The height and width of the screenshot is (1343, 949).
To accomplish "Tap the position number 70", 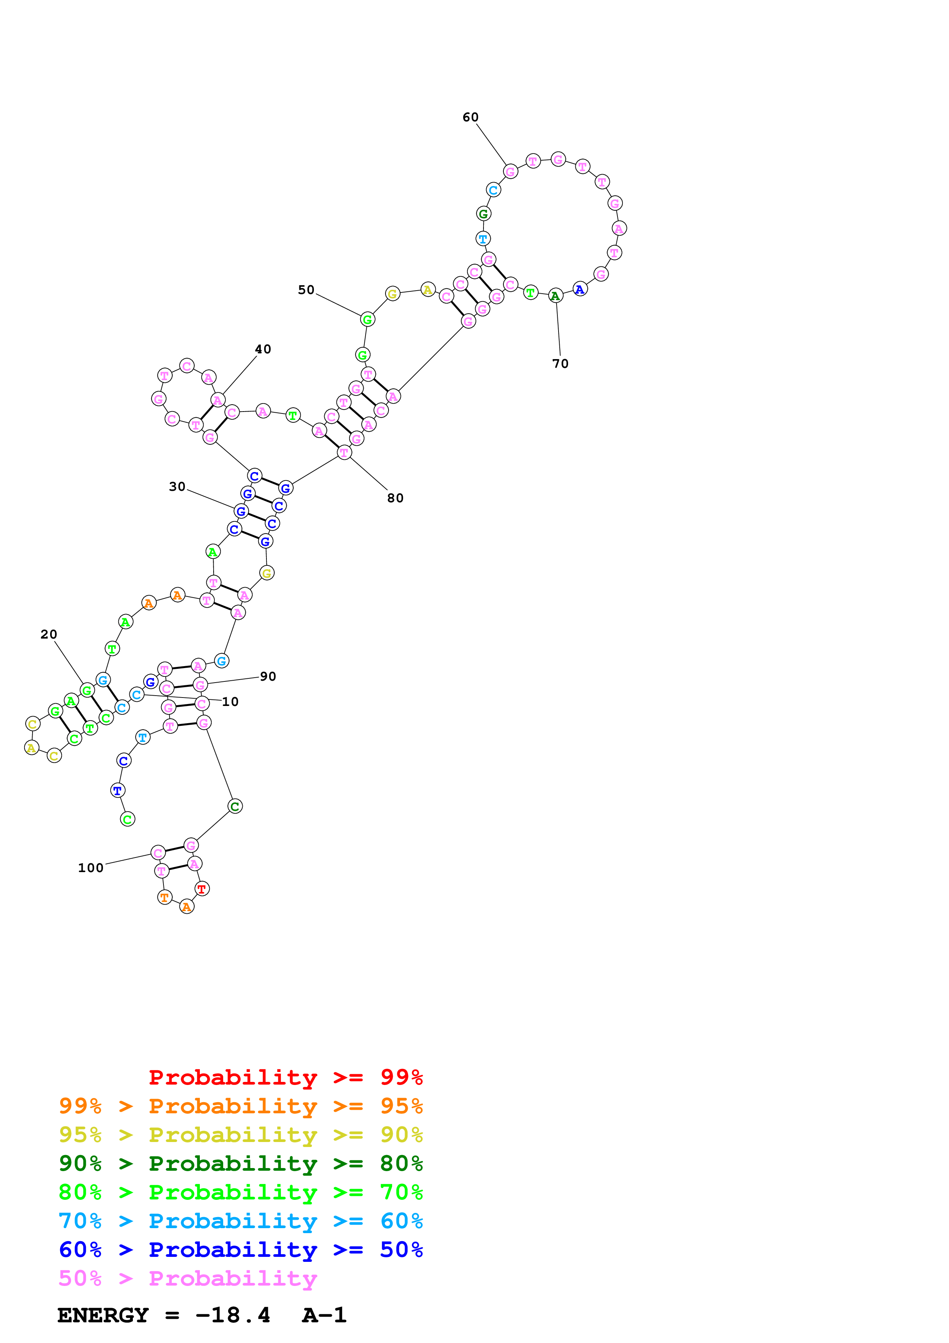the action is pos(560,364).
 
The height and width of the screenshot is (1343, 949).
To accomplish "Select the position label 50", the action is pos(306,290).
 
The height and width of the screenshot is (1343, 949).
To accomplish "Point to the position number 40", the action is pos(263,349).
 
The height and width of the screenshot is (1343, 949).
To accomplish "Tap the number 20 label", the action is pos(49,635).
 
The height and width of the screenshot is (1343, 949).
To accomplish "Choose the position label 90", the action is pos(268,677).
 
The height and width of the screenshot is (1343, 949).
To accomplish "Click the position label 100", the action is pos(91,868).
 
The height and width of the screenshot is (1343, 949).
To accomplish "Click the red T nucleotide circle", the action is pos(202,889).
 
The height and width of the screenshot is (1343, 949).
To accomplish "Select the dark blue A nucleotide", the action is pos(580,289).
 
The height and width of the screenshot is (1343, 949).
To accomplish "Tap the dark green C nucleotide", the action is pos(234,807).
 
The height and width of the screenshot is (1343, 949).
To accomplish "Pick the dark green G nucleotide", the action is pos(483,214).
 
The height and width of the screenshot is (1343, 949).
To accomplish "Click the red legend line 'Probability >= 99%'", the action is pos(285,1077).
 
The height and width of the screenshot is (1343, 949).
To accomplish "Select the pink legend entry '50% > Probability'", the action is pos(187,1279).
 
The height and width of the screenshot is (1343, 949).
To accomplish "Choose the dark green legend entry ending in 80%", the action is pos(240,1163).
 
